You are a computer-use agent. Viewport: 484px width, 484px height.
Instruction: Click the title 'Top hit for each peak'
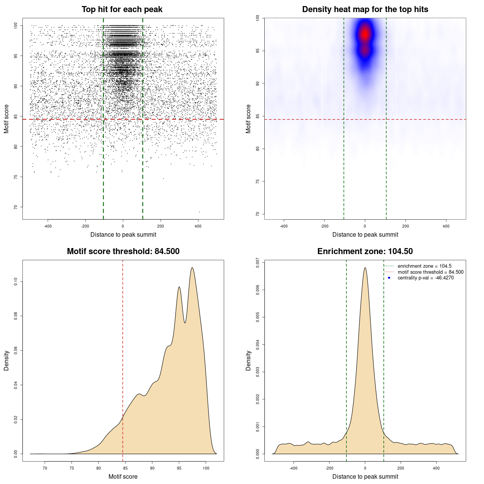point(122,9)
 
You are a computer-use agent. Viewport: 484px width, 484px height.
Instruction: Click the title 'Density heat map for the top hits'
point(365,9)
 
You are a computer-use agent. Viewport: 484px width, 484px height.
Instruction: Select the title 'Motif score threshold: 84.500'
point(123,251)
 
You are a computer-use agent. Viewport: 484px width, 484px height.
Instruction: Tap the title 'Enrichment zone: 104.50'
point(365,251)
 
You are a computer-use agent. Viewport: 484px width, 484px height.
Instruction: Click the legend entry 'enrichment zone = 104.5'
point(424,266)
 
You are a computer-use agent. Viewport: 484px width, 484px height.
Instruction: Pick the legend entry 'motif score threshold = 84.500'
point(430,272)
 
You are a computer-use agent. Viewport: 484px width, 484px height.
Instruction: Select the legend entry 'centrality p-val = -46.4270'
point(425,278)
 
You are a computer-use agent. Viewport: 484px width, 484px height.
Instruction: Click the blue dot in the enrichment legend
point(389,278)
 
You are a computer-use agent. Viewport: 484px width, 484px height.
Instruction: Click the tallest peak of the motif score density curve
point(192,268)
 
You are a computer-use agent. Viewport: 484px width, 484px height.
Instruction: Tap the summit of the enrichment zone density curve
point(365,268)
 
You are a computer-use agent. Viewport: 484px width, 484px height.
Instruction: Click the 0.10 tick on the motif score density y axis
point(16,281)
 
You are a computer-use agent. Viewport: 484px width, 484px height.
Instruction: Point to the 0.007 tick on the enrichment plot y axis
point(258,263)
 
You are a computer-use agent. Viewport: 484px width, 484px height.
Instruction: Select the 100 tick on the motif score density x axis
point(206,468)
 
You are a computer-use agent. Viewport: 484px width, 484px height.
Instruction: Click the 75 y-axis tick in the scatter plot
point(16,177)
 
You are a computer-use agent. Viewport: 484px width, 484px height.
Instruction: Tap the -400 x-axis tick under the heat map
point(284,226)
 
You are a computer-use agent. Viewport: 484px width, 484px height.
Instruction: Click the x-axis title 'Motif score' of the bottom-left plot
point(123,476)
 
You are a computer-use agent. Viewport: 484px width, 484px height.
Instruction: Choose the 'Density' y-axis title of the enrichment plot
point(248,360)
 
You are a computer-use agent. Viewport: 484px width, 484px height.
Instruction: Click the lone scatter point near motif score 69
point(199,212)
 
